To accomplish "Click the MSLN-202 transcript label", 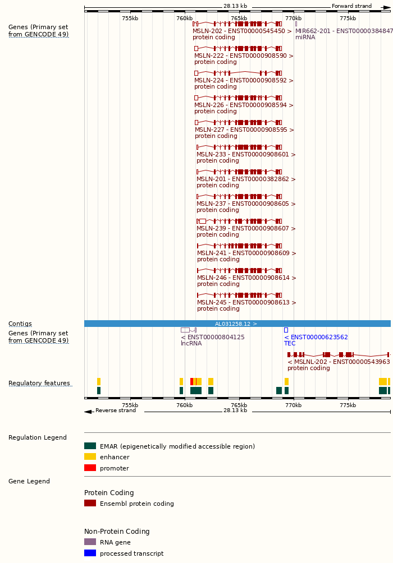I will pos(242,31).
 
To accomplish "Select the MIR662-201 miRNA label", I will pos(344,31).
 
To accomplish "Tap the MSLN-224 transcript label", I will pos(244,80).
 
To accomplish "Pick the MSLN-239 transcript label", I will pos(246,228).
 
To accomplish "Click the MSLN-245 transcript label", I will pos(246,302).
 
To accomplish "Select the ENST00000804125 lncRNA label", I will pos(213,337).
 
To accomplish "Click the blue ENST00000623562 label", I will pos(316,337).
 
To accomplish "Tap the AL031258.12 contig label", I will pos(236,324).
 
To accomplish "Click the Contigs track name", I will pos(20,324).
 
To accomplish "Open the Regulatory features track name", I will pos(39,383).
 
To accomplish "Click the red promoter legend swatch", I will pos(90,468).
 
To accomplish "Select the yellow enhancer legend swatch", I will pos(90,456).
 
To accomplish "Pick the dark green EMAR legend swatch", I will pos(90,446).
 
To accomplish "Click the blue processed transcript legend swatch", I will pos(90,553).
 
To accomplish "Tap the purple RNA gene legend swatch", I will pos(90,542).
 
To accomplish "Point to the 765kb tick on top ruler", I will pos(239,18).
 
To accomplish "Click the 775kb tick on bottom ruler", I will pos(348,405).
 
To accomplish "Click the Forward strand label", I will pos(351,6).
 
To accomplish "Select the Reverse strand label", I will pos(115,410).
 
